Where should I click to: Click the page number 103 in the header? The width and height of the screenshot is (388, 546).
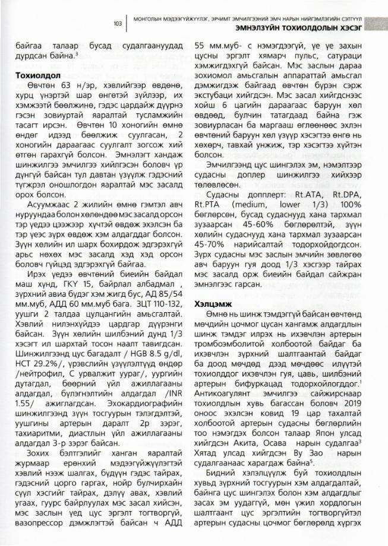tap(118, 23)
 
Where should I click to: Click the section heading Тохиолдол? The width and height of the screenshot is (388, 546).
tap(38, 76)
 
